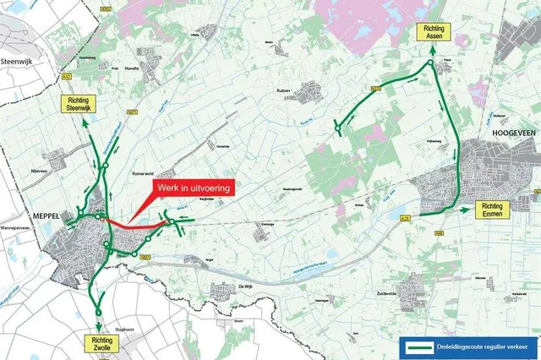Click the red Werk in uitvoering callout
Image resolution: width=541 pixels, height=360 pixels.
[x=189, y=187]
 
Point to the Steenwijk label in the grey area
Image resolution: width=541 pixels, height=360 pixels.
[x=17, y=62]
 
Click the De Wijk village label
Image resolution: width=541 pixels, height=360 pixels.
[x=246, y=288]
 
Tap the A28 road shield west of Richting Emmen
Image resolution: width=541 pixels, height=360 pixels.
[x=405, y=217]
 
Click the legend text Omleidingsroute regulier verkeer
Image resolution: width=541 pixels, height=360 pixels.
[x=482, y=346]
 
